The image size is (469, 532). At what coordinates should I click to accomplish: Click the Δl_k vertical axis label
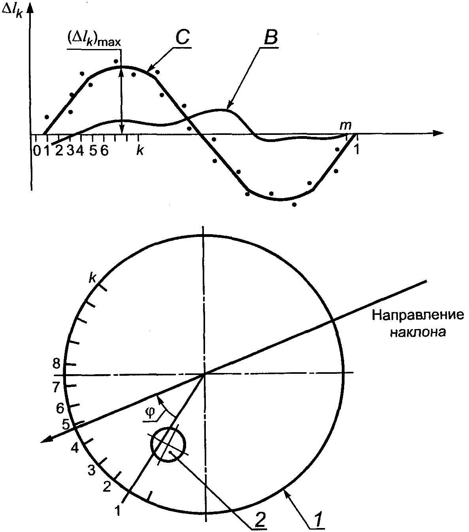[12, 11]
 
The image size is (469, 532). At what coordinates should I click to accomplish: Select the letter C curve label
[182, 37]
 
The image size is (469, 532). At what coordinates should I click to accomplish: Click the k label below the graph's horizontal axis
[140, 151]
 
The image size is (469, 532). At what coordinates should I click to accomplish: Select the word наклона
[418, 332]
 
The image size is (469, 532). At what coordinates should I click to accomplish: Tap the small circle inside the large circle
[168, 445]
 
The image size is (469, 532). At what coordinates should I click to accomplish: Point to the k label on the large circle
[92, 278]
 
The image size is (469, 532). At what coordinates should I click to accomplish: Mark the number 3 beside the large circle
[91, 470]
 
